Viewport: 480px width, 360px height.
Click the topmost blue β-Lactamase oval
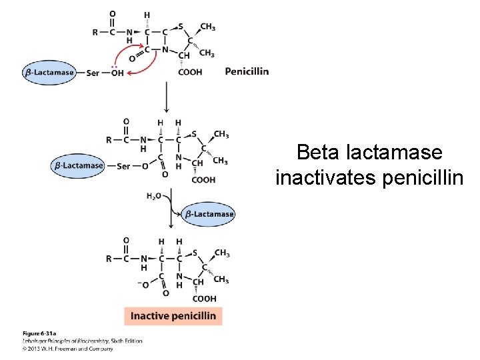(x=49, y=73)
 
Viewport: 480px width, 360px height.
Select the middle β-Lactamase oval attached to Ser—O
(x=79, y=165)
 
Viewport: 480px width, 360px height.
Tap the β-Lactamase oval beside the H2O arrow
(x=209, y=214)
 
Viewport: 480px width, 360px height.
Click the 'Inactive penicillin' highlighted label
(x=173, y=315)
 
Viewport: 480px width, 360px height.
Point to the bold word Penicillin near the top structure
(x=247, y=71)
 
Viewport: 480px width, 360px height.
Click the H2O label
(x=154, y=196)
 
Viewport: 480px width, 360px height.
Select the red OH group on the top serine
(x=117, y=73)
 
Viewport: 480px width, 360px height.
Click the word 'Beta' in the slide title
(x=319, y=153)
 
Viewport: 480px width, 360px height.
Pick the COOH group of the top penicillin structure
(x=190, y=72)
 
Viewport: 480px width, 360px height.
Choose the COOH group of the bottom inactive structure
(x=204, y=299)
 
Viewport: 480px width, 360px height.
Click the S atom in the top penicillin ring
(x=181, y=27)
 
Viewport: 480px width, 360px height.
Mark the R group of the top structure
(x=95, y=31)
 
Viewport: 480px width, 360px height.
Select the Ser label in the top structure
(x=93, y=73)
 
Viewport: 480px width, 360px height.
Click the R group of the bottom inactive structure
(x=109, y=259)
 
